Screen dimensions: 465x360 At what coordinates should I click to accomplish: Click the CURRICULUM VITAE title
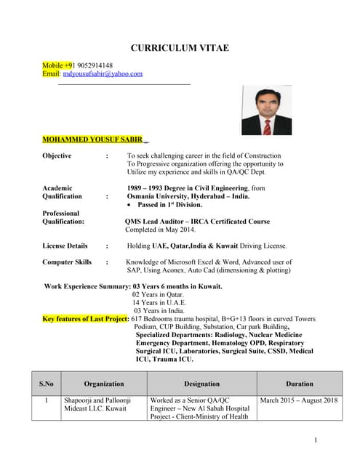[179, 48]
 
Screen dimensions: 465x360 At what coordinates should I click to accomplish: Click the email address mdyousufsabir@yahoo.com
[103, 73]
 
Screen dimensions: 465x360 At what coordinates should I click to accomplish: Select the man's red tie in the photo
[267, 126]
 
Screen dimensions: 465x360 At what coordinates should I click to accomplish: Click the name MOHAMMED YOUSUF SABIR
[92, 139]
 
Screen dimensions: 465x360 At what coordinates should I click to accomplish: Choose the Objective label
[57, 156]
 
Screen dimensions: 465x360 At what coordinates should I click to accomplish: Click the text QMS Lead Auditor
[156, 222]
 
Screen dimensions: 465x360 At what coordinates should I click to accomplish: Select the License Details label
[65, 246]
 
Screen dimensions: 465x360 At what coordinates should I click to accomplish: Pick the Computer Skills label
[67, 262]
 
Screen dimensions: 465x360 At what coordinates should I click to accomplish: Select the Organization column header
[104, 384]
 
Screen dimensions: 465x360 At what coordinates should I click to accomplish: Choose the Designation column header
[201, 384]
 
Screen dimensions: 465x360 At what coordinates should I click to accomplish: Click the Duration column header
[299, 384]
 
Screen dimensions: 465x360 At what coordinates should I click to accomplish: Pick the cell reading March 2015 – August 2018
[299, 400]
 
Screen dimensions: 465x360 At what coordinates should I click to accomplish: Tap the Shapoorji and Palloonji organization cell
[97, 405]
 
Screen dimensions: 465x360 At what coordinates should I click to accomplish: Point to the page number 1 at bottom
[316, 440]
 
